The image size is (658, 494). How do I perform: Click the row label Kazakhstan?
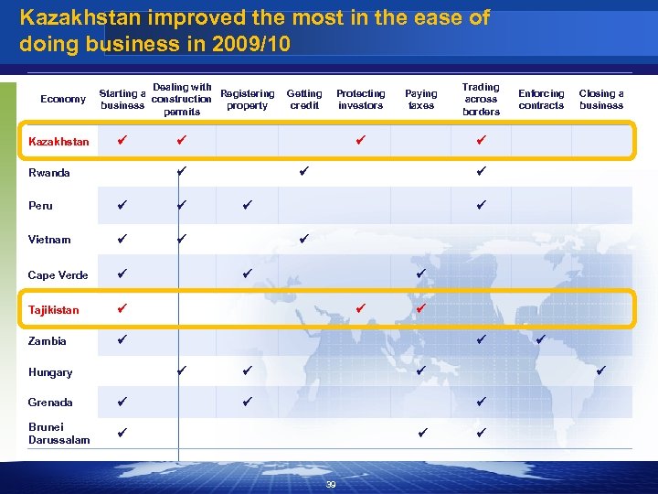58,142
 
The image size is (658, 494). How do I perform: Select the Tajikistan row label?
53,310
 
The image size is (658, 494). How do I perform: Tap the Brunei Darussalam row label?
58,434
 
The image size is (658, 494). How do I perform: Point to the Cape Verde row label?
58,275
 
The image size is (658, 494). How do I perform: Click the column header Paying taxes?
420,100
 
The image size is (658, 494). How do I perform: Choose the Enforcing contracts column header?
541,100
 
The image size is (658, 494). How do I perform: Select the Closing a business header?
601,100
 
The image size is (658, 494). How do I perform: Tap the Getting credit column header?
304,100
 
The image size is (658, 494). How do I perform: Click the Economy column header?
64,100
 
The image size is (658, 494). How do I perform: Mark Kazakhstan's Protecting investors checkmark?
361,141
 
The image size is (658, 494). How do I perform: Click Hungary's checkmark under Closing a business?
601,370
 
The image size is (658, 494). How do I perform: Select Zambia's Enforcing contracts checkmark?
541,339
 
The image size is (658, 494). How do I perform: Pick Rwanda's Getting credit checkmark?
304,170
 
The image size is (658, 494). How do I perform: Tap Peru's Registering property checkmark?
247,205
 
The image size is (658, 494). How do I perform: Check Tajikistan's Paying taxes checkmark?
420,309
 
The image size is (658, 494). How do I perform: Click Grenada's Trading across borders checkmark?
481,401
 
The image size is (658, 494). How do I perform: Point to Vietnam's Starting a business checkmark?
122,239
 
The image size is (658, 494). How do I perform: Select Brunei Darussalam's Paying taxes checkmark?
420,432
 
